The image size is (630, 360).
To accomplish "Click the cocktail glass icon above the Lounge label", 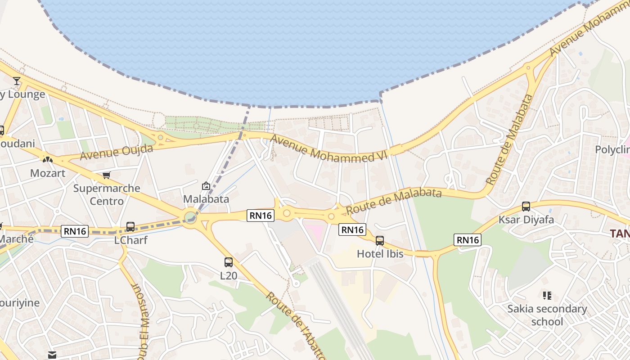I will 17,81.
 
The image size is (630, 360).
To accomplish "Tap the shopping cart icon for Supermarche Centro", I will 106,175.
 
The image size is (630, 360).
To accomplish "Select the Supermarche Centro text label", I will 107,194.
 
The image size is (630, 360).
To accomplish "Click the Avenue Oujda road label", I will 117,152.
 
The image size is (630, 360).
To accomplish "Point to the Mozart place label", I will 48,173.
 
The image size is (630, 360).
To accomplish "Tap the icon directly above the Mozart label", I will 47,159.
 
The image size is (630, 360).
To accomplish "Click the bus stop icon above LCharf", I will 130,226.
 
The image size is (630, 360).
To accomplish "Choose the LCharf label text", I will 130,240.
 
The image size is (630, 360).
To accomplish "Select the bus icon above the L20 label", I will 229,262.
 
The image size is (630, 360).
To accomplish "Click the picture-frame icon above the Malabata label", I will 206,185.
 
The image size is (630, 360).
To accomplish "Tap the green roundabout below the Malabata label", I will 190,218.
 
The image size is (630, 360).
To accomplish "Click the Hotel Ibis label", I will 380,254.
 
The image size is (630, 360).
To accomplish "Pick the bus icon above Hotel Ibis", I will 380,241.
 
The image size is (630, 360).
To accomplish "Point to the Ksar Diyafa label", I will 526,220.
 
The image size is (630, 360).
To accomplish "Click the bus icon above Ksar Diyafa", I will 526,207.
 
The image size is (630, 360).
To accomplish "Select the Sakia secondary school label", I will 547,315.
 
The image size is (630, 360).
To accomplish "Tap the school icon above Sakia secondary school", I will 547,296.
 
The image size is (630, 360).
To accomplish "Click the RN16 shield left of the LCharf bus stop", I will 75,231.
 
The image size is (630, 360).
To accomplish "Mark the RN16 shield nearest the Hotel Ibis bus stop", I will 352,229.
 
